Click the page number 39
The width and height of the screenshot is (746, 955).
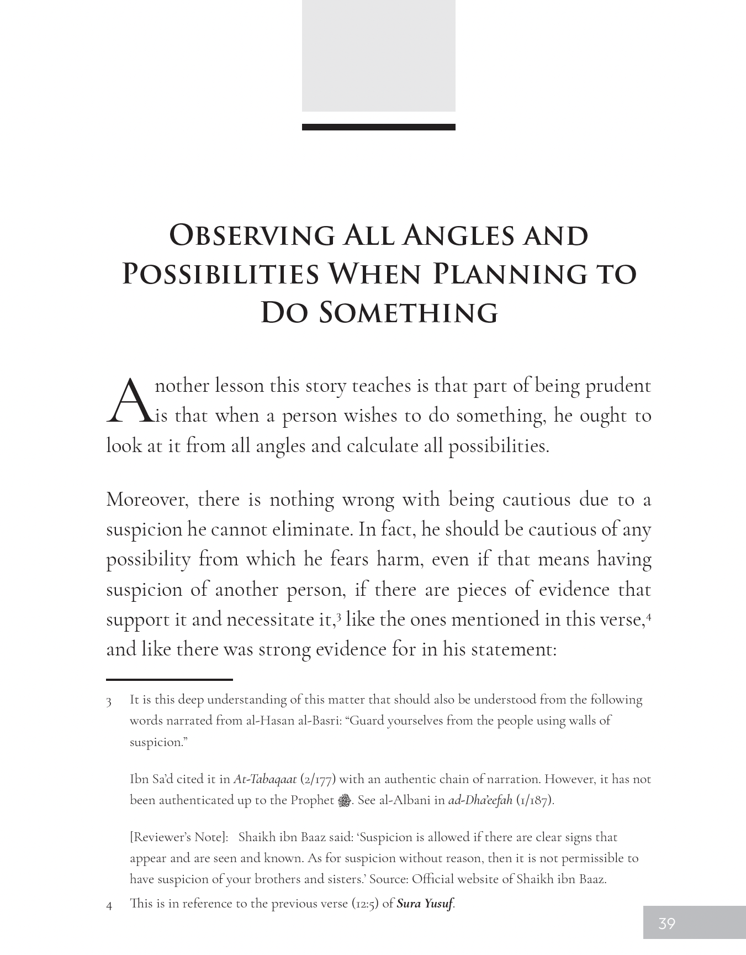666,923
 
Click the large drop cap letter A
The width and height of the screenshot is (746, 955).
128,400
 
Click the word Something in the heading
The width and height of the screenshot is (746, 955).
409,312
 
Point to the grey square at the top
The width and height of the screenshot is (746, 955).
378,55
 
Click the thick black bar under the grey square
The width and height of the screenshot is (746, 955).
378,127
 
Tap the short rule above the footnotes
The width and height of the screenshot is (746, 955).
169,679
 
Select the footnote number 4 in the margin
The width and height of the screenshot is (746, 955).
109,906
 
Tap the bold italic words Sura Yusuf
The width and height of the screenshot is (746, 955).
425,904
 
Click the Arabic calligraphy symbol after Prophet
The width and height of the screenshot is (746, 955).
344,800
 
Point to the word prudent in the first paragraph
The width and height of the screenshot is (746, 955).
618,386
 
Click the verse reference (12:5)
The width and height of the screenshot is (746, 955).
366,904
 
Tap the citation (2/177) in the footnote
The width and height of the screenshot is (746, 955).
318,779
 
